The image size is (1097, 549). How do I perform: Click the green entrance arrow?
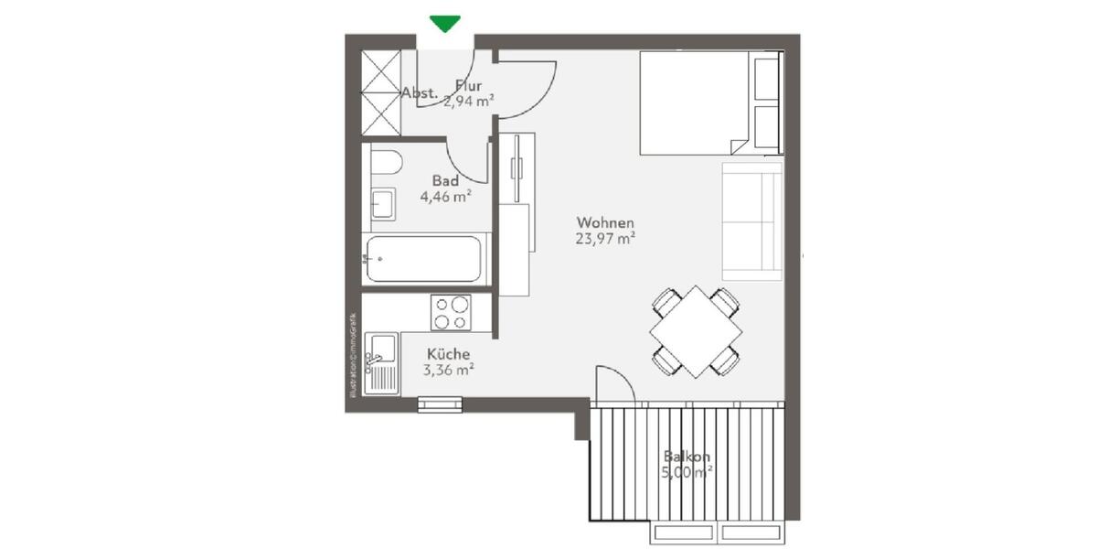(445, 24)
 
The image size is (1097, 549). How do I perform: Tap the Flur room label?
(468, 87)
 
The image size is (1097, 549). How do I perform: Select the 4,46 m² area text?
(445, 195)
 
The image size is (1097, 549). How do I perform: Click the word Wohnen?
(605, 222)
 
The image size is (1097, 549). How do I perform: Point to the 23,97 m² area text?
(605, 239)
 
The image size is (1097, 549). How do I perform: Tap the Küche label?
(448, 354)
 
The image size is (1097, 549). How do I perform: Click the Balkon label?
(687, 457)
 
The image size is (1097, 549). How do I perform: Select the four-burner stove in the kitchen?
(451, 312)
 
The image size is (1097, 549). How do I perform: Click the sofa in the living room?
(751, 221)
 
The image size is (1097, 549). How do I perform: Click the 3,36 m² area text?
(448, 371)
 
